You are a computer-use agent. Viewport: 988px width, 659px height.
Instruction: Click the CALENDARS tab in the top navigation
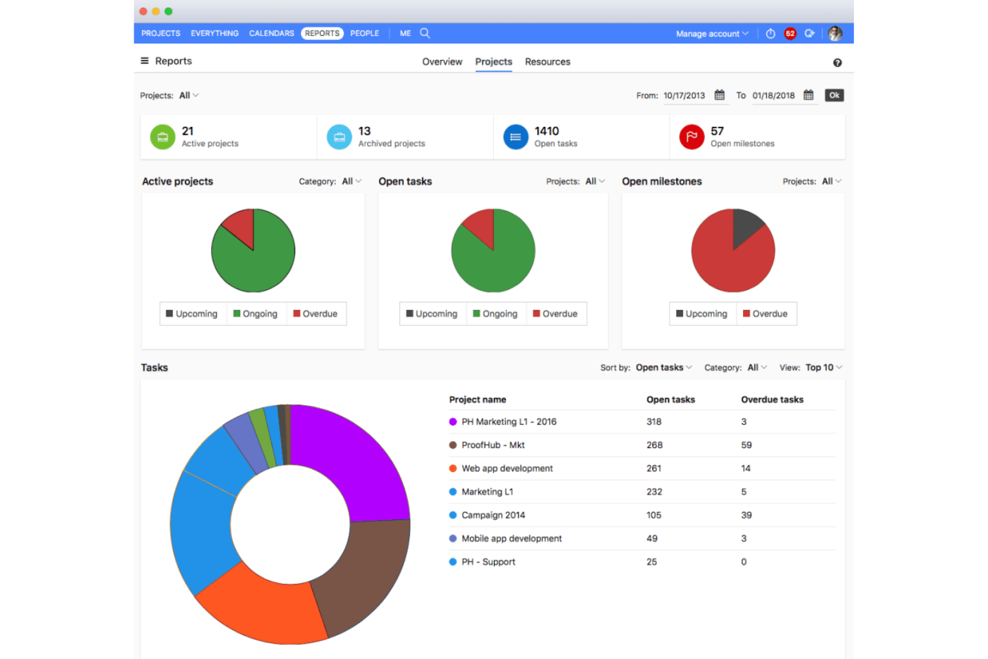click(x=271, y=33)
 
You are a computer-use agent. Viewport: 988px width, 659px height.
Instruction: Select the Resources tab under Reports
click(x=547, y=61)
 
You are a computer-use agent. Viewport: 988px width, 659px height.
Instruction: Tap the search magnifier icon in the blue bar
click(x=425, y=33)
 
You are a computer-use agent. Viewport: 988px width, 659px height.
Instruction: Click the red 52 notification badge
click(x=790, y=33)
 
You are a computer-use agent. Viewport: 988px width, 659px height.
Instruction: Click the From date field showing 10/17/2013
click(x=684, y=95)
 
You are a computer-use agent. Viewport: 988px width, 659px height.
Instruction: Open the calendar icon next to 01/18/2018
click(x=808, y=95)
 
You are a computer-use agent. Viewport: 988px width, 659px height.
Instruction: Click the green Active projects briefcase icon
click(x=162, y=137)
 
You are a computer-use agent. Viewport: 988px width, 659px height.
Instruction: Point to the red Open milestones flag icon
click(x=692, y=137)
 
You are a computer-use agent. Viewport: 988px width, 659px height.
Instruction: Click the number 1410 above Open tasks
click(x=546, y=131)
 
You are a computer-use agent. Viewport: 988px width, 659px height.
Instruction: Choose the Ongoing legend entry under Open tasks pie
click(x=495, y=314)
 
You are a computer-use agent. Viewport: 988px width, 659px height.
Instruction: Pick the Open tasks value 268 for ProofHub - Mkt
click(x=654, y=445)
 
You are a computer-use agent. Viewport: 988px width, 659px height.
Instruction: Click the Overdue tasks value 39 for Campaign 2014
click(x=746, y=515)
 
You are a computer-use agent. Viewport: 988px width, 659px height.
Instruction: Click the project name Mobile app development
click(x=511, y=538)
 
